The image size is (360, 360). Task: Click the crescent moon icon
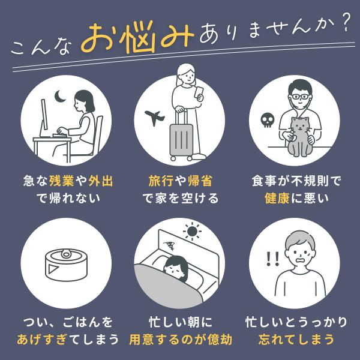pos(59,97)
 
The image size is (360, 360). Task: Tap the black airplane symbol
pos(155,118)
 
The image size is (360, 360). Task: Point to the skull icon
pos(268,121)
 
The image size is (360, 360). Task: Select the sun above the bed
pos(192,231)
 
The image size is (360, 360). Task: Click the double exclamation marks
pos(272,259)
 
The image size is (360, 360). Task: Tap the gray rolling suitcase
pos(181,135)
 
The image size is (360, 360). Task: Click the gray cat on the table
pos(299,137)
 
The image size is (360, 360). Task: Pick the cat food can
pos(67,265)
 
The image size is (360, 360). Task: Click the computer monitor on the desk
pos(44,118)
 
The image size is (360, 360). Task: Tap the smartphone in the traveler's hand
pos(199,92)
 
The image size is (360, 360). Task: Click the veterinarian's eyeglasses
pos(300,97)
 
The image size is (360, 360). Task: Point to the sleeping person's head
pos(176,267)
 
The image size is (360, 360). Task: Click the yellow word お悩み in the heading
pos(137,37)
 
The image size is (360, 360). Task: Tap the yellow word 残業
pos(62,181)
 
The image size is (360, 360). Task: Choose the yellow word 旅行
pos(160,181)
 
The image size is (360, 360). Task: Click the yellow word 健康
pos(277,198)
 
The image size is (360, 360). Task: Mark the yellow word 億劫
pos(220,340)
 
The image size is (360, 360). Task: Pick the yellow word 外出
pos(101,181)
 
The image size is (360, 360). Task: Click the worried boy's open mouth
pos(300,261)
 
